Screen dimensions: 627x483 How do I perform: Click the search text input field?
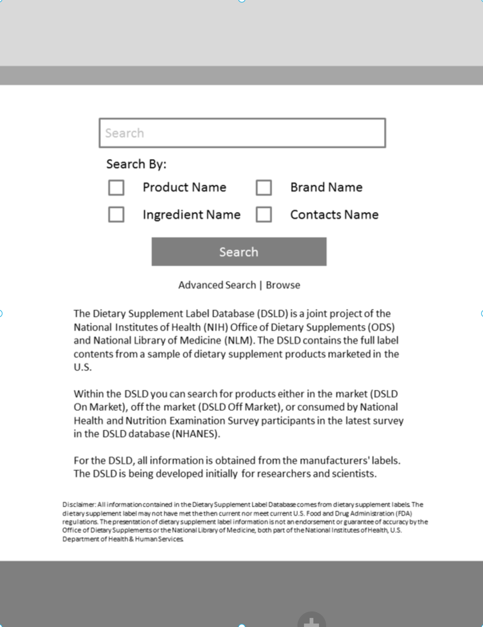[242, 133]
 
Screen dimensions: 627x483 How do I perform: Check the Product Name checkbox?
[116, 188]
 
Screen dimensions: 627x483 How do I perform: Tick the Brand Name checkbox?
[264, 188]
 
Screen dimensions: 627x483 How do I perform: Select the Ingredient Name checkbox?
[116, 215]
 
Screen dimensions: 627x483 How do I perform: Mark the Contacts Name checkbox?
[264, 215]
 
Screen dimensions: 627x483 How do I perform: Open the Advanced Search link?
[217, 285]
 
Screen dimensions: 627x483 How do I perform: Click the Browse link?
[283, 285]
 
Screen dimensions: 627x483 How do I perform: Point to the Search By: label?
[136, 164]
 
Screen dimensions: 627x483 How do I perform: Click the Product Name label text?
[184, 187]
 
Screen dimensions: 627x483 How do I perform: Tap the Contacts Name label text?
[334, 215]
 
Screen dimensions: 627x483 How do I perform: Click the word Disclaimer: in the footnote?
[79, 505]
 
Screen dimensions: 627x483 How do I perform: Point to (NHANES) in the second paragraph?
[196, 434]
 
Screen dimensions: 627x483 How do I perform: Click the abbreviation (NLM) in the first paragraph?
[239, 340]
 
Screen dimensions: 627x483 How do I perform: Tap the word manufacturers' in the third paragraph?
[337, 461]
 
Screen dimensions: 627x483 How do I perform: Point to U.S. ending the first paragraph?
[83, 367]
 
